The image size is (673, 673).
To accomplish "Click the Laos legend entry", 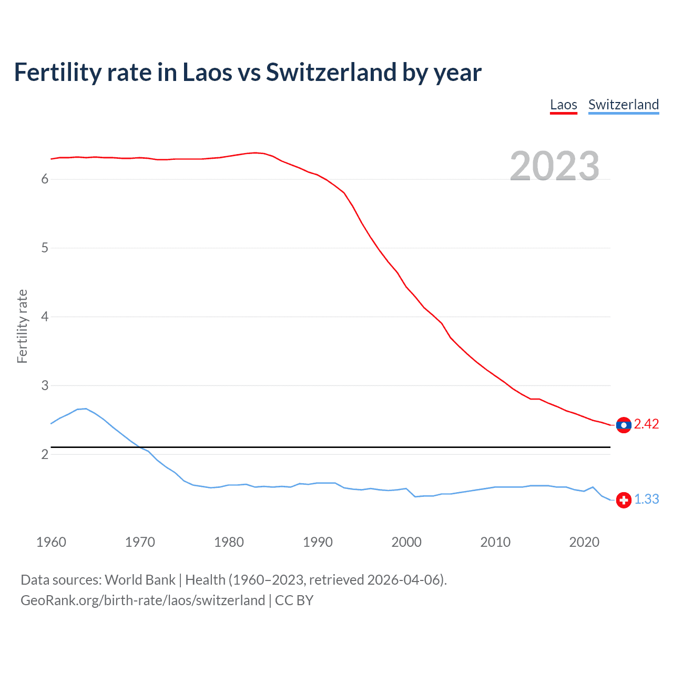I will click(563, 105).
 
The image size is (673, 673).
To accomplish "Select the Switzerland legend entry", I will click(623, 105).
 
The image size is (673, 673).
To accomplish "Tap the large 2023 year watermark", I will click(554, 166).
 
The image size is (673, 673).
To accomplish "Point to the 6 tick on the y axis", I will click(45, 179).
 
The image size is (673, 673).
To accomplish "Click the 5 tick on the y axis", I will click(45, 248).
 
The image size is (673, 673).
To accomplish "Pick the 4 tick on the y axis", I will click(45, 317).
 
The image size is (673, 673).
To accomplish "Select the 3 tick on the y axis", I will click(45, 385).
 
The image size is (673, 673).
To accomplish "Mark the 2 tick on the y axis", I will click(45, 454).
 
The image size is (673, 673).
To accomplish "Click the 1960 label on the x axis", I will click(51, 542).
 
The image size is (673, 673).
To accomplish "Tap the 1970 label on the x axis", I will click(140, 542).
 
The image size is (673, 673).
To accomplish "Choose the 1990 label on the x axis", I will click(318, 542).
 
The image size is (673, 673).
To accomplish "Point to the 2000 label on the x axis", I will click(406, 542).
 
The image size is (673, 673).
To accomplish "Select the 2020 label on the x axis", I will click(584, 542).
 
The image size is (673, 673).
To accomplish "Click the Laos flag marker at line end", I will click(624, 425).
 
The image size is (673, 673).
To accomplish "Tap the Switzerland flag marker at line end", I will click(624, 500).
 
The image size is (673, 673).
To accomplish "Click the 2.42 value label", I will click(646, 424).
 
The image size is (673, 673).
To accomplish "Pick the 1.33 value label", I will click(646, 499).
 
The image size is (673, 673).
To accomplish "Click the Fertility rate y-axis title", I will click(22, 326).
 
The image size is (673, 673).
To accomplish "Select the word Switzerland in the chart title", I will click(331, 72).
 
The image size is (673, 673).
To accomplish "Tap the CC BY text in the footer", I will click(294, 600).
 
